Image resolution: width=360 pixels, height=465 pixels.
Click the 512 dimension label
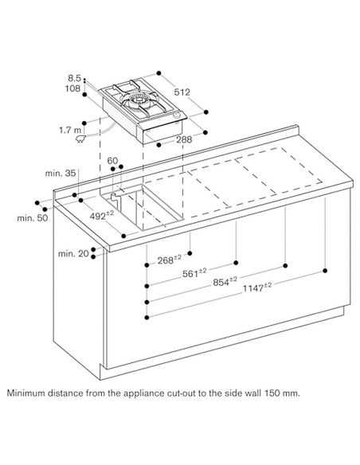click(182, 92)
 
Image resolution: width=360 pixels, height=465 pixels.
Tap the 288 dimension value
click(184, 139)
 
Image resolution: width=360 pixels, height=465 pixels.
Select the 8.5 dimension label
click(74, 78)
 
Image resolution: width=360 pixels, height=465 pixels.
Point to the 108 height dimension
click(73, 88)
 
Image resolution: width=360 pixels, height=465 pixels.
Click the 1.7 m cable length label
click(70, 130)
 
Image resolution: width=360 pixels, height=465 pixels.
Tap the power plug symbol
click(81, 139)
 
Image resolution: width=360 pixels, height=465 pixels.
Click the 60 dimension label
click(112, 161)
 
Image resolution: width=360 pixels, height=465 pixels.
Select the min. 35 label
click(61, 174)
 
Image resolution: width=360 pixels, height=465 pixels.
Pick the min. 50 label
click(33, 218)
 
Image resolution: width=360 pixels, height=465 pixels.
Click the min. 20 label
click(73, 253)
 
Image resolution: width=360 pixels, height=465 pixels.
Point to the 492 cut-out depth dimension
click(102, 215)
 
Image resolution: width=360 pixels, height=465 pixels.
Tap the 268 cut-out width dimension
click(170, 260)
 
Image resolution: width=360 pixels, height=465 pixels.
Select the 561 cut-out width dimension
click(194, 272)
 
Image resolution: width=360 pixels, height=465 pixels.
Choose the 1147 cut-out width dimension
click(257, 287)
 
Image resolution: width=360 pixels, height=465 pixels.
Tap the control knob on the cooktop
click(178, 115)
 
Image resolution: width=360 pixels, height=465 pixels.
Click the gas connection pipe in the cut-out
click(114, 200)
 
